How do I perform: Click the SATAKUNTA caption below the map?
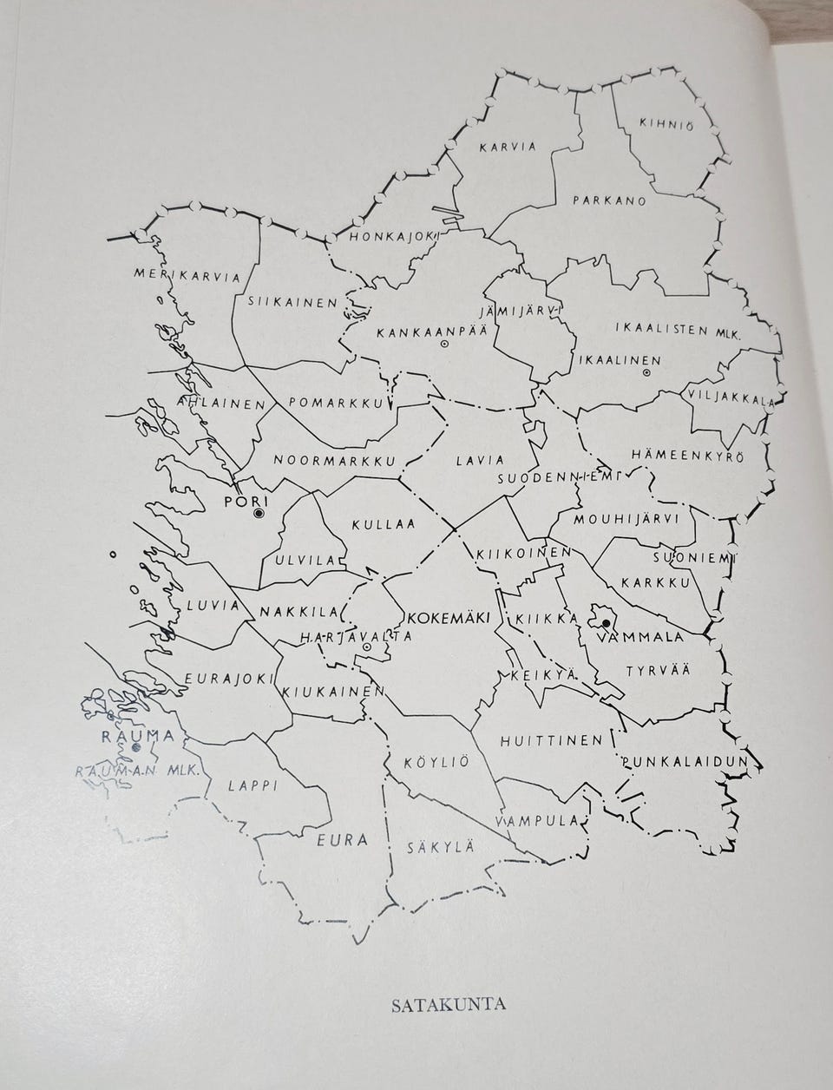tap(449, 1007)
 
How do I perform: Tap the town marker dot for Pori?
tap(258, 515)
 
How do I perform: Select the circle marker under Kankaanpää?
tap(443, 345)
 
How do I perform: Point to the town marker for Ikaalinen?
tap(646, 373)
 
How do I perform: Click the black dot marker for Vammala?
tap(605, 622)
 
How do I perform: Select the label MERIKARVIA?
tap(187, 276)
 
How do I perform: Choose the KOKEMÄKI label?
tap(449, 616)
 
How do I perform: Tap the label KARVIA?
tap(508, 148)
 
